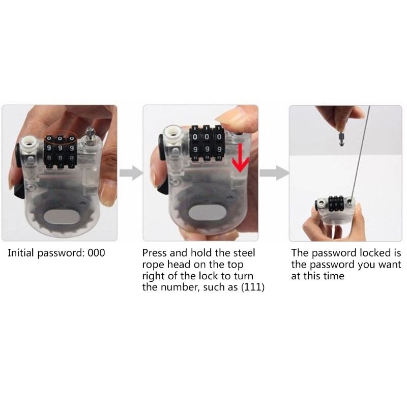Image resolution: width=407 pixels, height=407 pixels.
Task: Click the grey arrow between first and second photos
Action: point(130,173)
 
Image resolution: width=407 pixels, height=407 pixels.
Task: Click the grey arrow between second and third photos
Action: point(272,173)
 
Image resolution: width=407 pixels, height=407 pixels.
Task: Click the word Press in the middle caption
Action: point(155,253)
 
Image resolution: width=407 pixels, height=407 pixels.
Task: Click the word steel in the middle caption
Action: point(243,253)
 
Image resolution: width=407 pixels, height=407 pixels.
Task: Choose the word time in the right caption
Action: point(334,276)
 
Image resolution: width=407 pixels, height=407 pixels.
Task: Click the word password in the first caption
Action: point(62,253)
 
